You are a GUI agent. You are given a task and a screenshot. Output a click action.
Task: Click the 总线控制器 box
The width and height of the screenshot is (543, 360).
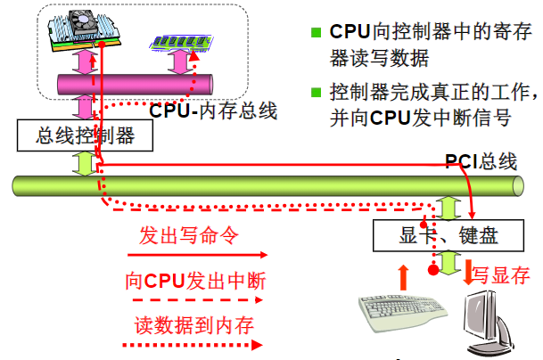click(85, 136)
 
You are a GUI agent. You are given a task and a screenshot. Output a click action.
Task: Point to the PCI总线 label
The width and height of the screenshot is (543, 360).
click(481, 161)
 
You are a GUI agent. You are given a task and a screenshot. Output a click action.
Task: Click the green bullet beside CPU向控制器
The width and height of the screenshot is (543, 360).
click(315, 33)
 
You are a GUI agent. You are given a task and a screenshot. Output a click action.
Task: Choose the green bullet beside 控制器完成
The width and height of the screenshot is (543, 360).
click(315, 92)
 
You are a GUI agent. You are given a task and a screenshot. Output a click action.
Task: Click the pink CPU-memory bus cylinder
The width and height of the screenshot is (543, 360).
click(134, 85)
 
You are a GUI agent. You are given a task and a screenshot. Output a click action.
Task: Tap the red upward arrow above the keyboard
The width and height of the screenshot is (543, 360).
click(404, 275)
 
